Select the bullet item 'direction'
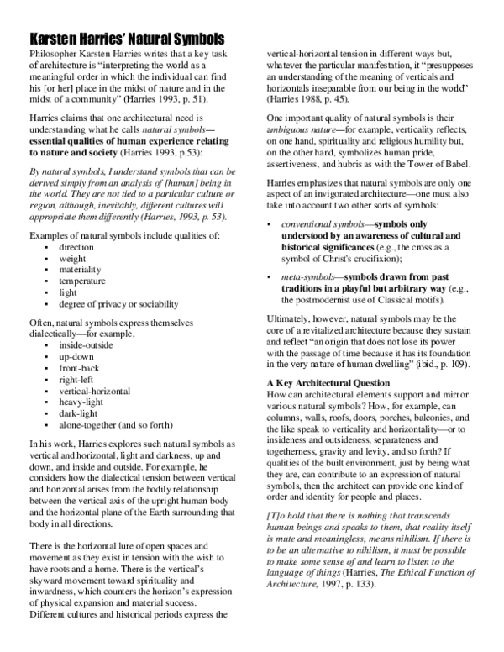(x=76, y=248)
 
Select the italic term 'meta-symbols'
(x=307, y=275)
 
